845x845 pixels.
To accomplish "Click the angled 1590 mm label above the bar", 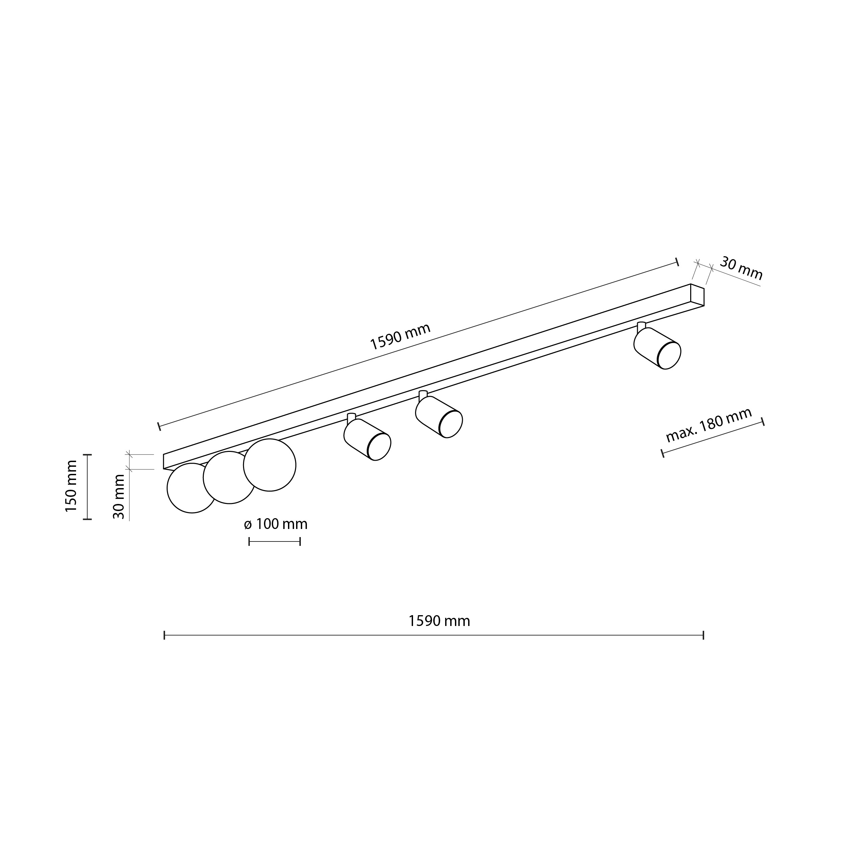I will tap(400, 337).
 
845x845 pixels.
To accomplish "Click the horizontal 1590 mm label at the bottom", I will tap(439, 621).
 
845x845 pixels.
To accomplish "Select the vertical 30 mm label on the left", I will tap(119, 497).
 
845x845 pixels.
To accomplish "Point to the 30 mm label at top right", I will tap(741, 269).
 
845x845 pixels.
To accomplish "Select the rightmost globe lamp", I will tap(270, 465).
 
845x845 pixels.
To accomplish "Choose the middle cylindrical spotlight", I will tap(439, 417).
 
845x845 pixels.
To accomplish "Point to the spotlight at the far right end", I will tap(657, 348).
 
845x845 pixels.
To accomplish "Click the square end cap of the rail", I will tap(697, 295).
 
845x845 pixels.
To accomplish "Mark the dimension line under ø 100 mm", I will tap(275, 542).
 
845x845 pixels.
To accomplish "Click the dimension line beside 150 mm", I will tap(88, 487).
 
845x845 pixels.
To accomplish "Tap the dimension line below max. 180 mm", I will tap(713, 438).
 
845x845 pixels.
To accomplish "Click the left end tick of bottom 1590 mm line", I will tap(165, 635).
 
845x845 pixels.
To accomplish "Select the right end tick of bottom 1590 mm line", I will tap(703, 635).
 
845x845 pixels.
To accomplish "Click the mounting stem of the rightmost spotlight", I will tap(641, 326).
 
